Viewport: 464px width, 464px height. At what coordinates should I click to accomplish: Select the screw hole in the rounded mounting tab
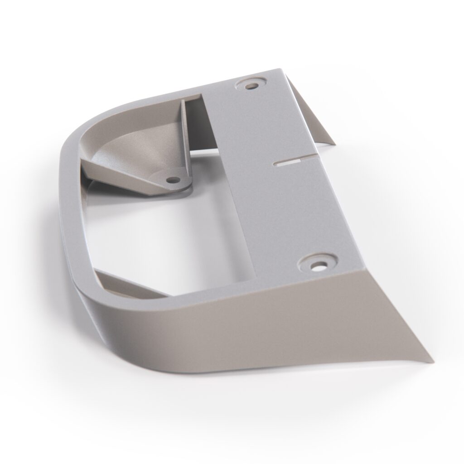tap(172, 180)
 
